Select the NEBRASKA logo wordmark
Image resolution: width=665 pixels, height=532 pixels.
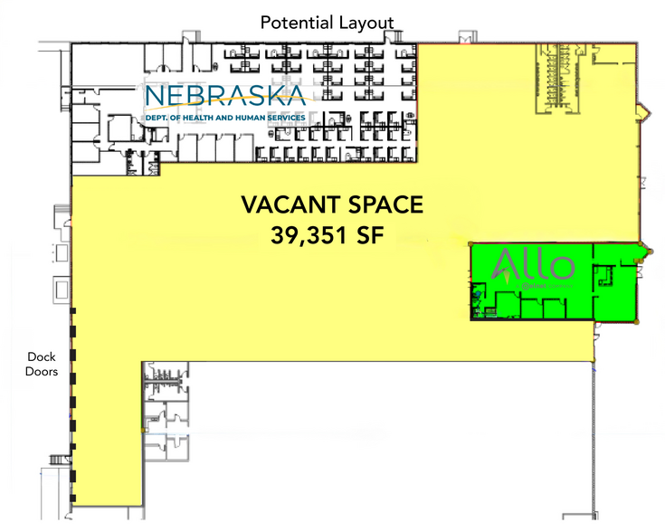click(x=227, y=97)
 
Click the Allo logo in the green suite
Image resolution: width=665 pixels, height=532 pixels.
click(x=533, y=266)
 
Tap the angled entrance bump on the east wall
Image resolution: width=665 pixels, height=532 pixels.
click(x=643, y=113)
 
